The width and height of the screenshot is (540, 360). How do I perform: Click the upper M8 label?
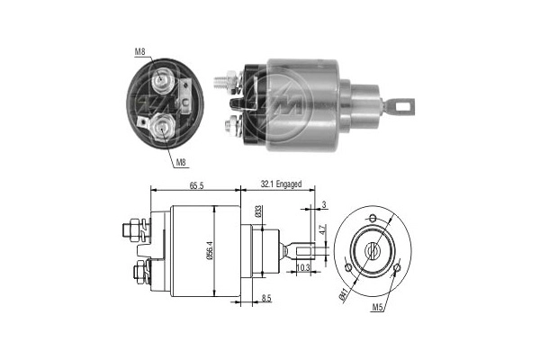(140, 51)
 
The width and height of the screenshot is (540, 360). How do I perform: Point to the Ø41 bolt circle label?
(344, 292)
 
